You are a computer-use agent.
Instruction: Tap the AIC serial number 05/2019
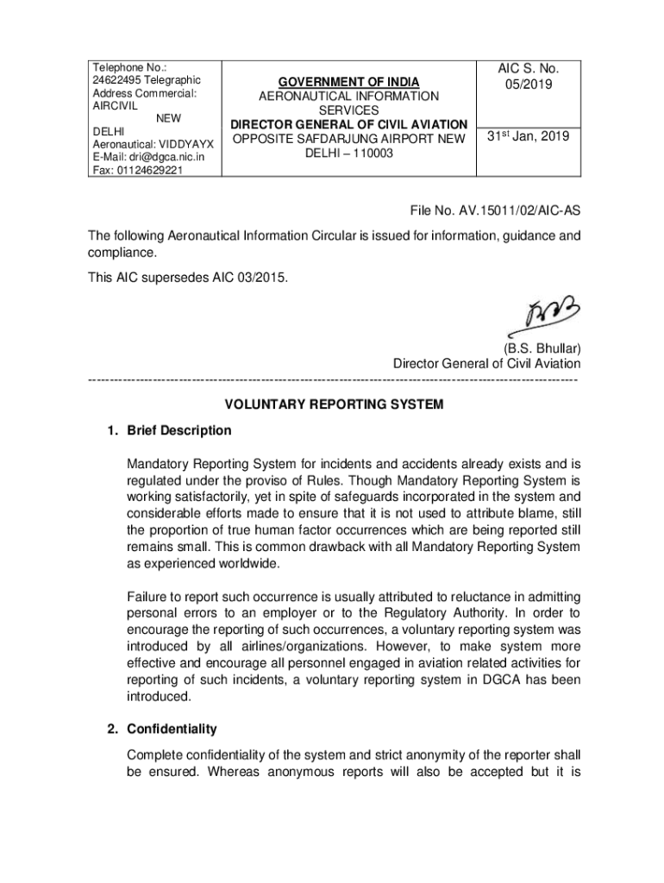tap(529, 85)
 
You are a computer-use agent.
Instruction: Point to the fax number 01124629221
tap(149, 170)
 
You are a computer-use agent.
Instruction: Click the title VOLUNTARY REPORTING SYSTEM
tap(334, 404)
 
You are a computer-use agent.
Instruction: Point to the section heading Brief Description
tap(179, 429)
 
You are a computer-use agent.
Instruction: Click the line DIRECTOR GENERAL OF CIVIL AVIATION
tap(349, 124)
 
